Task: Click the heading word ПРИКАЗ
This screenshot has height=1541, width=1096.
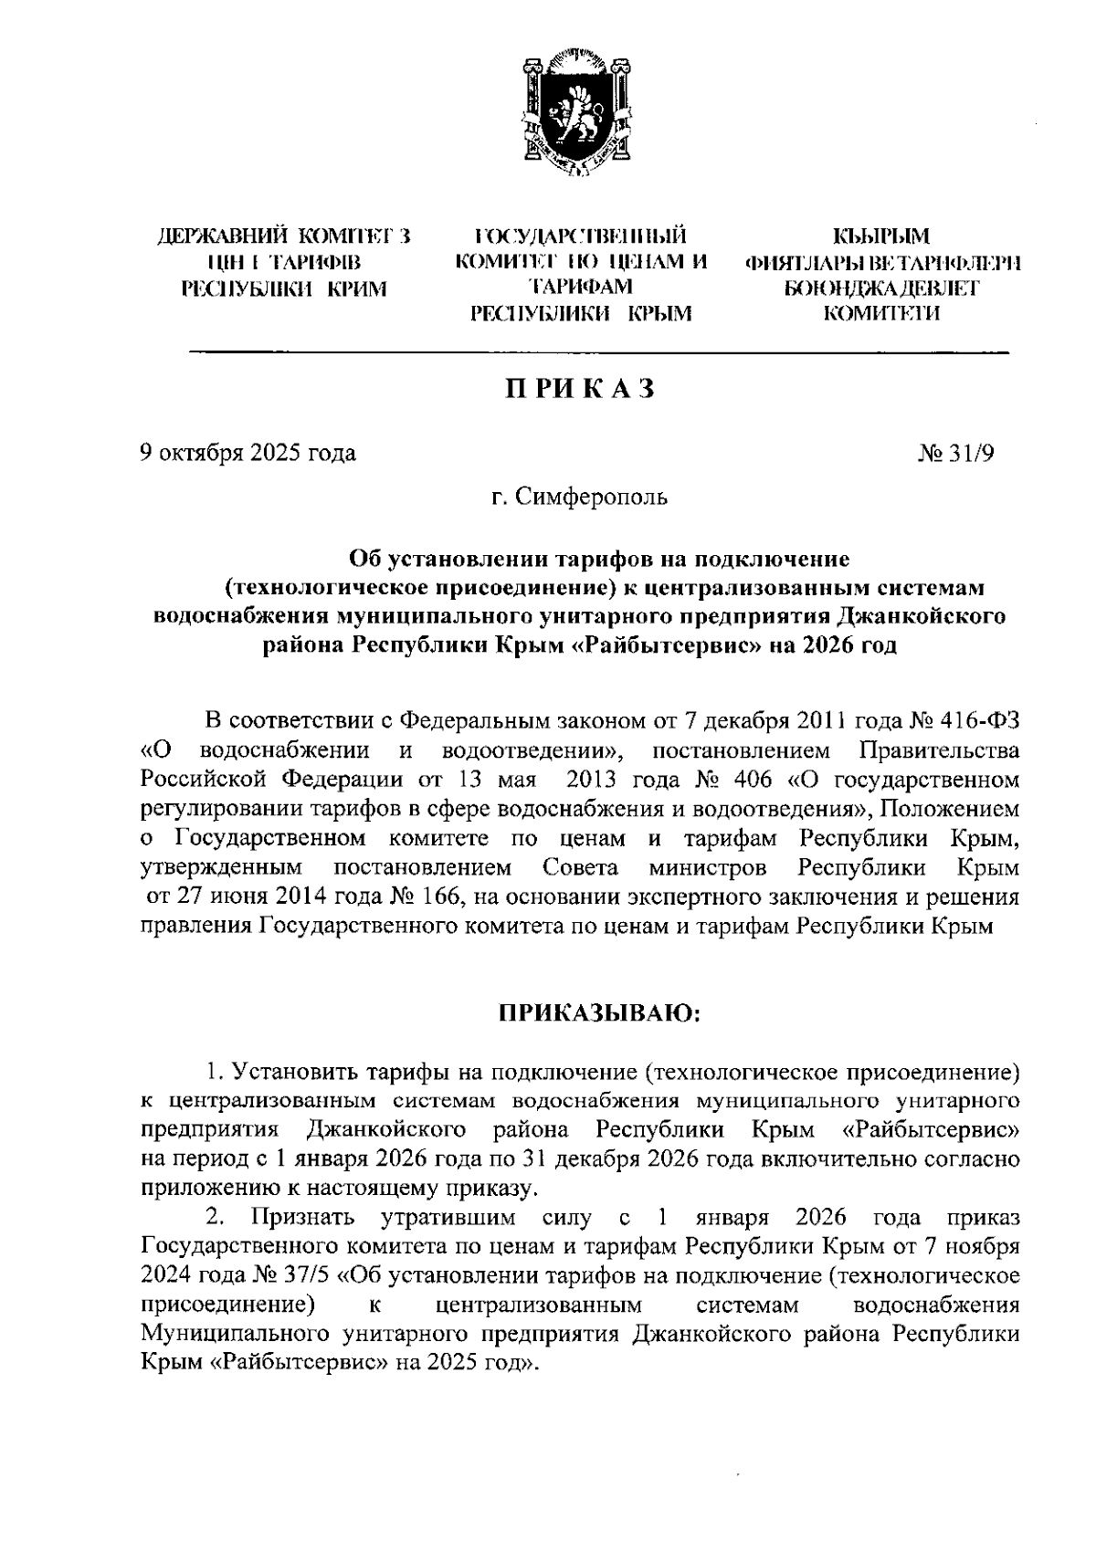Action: click(581, 390)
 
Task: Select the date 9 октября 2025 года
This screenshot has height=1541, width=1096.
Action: click(248, 454)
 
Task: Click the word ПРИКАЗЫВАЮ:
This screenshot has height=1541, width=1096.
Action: click(598, 1015)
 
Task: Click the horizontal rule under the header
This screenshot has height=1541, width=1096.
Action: click(598, 351)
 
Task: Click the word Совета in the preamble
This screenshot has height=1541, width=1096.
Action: click(580, 867)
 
